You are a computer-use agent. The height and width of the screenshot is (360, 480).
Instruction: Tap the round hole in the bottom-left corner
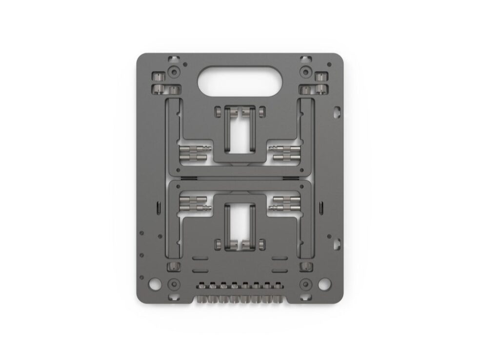[x=154, y=283]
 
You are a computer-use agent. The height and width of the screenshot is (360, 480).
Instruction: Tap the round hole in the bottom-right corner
[x=324, y=283]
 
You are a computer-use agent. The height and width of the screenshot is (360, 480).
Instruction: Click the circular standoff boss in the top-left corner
[x=173, y=72]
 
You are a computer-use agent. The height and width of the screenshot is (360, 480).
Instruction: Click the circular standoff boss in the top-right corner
[x=305, y=72]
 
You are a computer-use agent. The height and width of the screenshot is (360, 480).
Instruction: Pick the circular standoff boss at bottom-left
[x=173, y=284]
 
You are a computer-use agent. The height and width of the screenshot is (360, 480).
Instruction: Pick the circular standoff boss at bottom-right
[x=305, y=284]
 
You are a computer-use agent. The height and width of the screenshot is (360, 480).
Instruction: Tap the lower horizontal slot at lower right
[x=279, y=269]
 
